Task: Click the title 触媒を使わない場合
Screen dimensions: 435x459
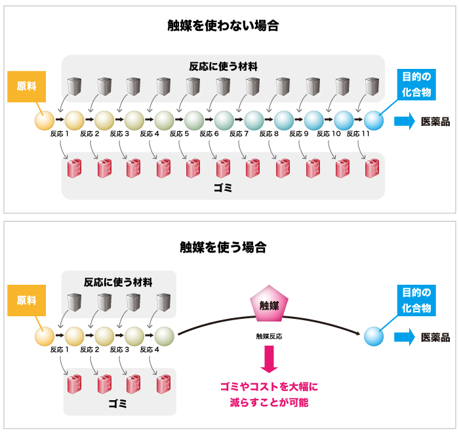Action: (223, 26)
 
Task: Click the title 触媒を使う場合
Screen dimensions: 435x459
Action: (223, 247)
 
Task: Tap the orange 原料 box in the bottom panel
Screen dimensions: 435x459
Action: (26, 301)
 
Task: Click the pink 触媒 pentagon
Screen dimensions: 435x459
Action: (269, 304)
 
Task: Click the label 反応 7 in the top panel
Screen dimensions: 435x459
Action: (239, 134)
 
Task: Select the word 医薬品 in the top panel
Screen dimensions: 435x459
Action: (435, 121)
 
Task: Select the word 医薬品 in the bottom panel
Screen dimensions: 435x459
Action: (435, 337)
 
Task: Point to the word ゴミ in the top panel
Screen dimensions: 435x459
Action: (223, 188)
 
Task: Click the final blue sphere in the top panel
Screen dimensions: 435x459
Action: (373, 120)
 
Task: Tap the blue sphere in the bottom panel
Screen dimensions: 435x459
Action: (373, 336)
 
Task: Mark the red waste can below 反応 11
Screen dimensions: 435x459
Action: (372, 169)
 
